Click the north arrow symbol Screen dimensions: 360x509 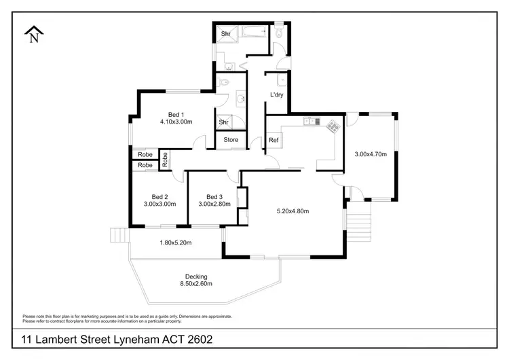pos(33,34)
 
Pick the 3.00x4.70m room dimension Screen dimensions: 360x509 pos(371,154)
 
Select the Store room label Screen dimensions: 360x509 pos(231,141)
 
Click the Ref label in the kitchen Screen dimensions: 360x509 pos(274,141)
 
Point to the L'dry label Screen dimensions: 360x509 pos(276,94)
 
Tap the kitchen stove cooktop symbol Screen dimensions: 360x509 pos(333,126)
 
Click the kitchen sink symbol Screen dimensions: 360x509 pos(311,122)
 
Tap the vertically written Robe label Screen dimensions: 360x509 pos(165,160)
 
